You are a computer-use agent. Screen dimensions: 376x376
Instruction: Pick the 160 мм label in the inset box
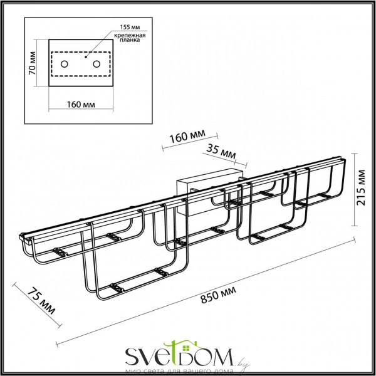click(80, 103)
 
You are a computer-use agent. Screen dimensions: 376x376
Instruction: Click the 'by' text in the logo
click(244, 362)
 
